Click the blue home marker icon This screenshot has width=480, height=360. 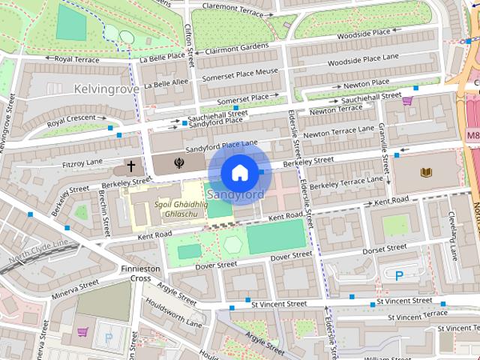pyautogui.click(x=238, y=172)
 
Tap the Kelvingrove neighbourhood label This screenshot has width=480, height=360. pyautogui.click(x=106, y=88)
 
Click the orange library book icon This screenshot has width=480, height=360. pyautogui.click(x=427, y=173)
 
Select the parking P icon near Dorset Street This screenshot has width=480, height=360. pyautogui.click(x=399, y=275)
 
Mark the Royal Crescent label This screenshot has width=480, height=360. pyautogui.click(x=72, y=121)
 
